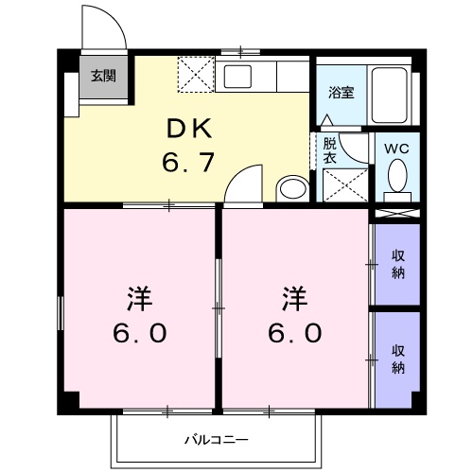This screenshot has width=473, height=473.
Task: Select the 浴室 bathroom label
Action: [342, 93]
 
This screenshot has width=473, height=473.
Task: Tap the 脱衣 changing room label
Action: [329, 151]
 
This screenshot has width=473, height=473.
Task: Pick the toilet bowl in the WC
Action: [398, 176]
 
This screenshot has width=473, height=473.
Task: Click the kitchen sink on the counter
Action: [236, 77]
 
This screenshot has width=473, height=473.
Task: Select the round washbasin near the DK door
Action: [291, 187]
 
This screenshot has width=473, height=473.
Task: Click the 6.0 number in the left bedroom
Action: [139, 333]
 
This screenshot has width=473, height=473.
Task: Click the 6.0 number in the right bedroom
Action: [293, 333]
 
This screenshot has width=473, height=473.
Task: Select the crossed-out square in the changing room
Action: [343, 184]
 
